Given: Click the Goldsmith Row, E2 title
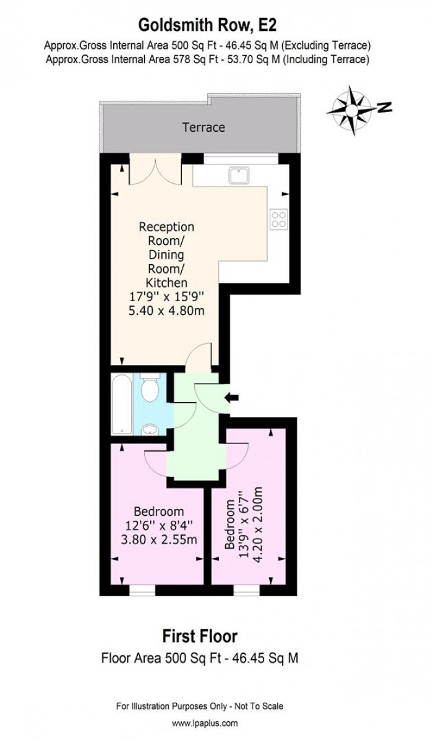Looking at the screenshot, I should pyautogui.click(x=207, y=25).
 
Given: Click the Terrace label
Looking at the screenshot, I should pyautogui.click(x=203, y=127).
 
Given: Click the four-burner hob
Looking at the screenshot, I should pyautogui.click(x=279, y=218).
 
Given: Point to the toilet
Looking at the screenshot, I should pyautogui.click(x=150, y=389).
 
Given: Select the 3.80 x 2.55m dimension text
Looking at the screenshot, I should pyautogui.click(x=159, y=540).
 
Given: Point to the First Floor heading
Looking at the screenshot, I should pyautogui.click(x=200, y=635).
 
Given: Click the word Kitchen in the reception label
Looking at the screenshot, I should pyautogui.click(x=166, y=282).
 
